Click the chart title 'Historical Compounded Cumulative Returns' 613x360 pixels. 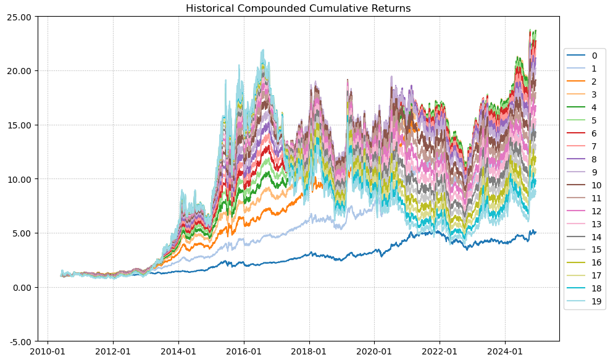[x=298, y=8]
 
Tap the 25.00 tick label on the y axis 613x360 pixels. [x=20, y=17]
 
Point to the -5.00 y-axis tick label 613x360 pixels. [x=20, y=341]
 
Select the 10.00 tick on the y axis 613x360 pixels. [x=20, y=179]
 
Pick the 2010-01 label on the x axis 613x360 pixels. [x=48, y=351]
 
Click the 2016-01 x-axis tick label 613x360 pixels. [x=244, y=351]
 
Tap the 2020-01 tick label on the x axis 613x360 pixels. [x=374, y=351]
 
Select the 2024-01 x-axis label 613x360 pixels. [x=505, y=351]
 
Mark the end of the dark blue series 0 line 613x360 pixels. [x=536, y=232]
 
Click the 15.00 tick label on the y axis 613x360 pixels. [x=20, y=125]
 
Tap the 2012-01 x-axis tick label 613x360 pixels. [x=113, y=351]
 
